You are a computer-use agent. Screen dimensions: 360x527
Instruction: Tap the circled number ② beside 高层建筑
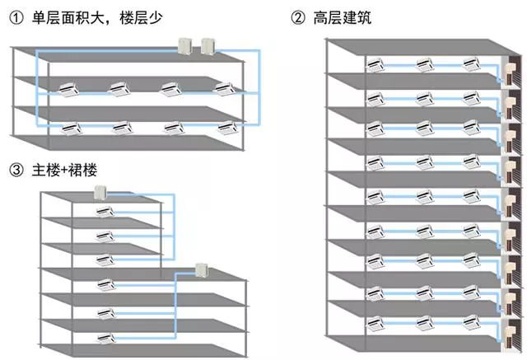pos(296,17)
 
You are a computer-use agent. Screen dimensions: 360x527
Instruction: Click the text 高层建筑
pos(338,17)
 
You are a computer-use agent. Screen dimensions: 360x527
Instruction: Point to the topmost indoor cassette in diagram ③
pos(105,213)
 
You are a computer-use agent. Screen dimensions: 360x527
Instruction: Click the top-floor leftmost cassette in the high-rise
pos(377,63)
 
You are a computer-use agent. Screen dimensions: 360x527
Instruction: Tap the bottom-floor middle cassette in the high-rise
pos(424,322)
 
